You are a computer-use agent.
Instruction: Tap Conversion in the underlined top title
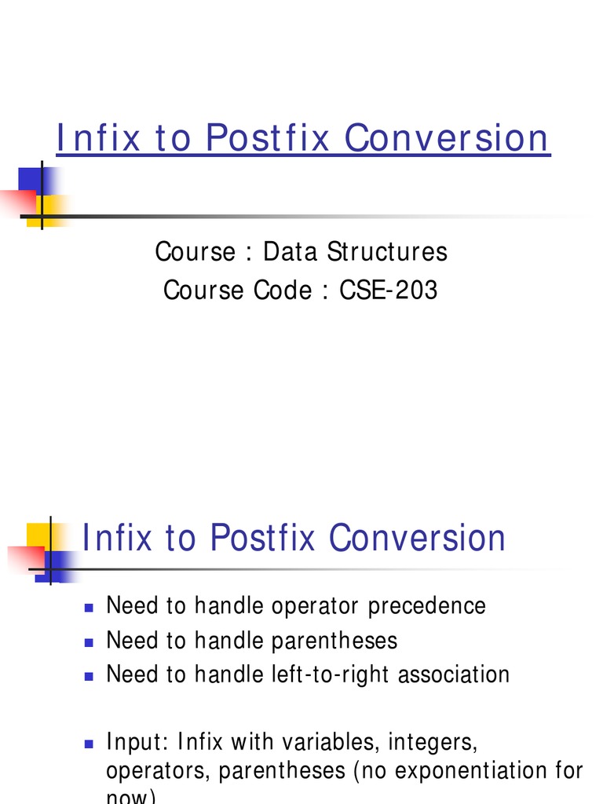pos(448,138)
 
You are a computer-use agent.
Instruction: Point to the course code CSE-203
pos(389,291)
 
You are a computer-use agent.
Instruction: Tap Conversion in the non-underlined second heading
pos(418,539)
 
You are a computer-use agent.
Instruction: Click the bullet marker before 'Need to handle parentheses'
pos(89,641)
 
